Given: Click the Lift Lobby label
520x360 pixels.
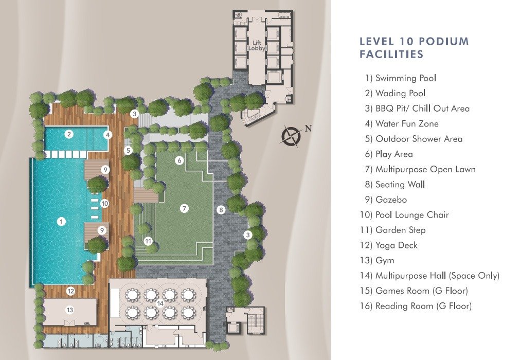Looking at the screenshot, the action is tap(257, 45).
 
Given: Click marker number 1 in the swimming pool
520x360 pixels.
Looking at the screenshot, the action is tap(61, 221).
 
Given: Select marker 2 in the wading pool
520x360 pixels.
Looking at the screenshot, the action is tap(69, 134).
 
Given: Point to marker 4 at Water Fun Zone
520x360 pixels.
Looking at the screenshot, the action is tap(107, 135).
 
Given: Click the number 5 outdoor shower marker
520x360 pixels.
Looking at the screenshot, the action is tap(128, 151).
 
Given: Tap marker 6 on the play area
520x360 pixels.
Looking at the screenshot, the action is tap(180, 160).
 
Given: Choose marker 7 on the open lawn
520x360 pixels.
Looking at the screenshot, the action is tap(184, 208).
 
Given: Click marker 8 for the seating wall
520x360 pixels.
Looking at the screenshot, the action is tap(221, 209).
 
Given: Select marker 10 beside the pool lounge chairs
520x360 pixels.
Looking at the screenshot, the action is tap(104, 203).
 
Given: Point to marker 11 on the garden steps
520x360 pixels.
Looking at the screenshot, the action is tap(148, 241).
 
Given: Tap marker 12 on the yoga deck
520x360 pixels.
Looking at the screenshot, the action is tap(70, 292).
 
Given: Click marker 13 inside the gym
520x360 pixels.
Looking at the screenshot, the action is tap(69, 310).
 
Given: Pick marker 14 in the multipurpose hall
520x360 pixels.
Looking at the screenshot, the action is tap(160, 303).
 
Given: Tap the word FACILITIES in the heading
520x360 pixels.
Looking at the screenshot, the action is tap(391, 54).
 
